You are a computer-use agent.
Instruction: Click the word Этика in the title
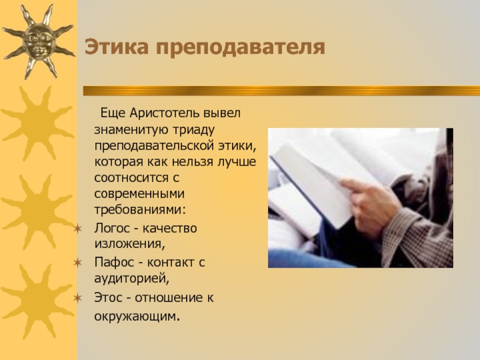click(x=116, y=47)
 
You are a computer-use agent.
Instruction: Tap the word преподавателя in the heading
click(x=241, y=48)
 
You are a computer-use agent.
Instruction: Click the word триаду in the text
click(x=194, y=130)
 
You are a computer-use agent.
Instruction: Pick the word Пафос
click(x=115, y=263)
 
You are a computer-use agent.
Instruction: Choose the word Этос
click(x=108, y=298)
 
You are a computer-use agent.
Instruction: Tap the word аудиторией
click(x=131, y=279)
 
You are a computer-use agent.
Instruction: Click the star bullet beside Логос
click(x=78, y=229)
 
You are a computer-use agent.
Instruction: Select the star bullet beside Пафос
click(x=78, y=263)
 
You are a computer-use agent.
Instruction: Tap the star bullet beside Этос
click(x=78, y=298)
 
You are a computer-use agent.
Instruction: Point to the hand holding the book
click(x=370, y=205)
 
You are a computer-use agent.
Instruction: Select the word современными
click(x=139, y=194)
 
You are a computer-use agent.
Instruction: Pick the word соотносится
click(x=131, y=178)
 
